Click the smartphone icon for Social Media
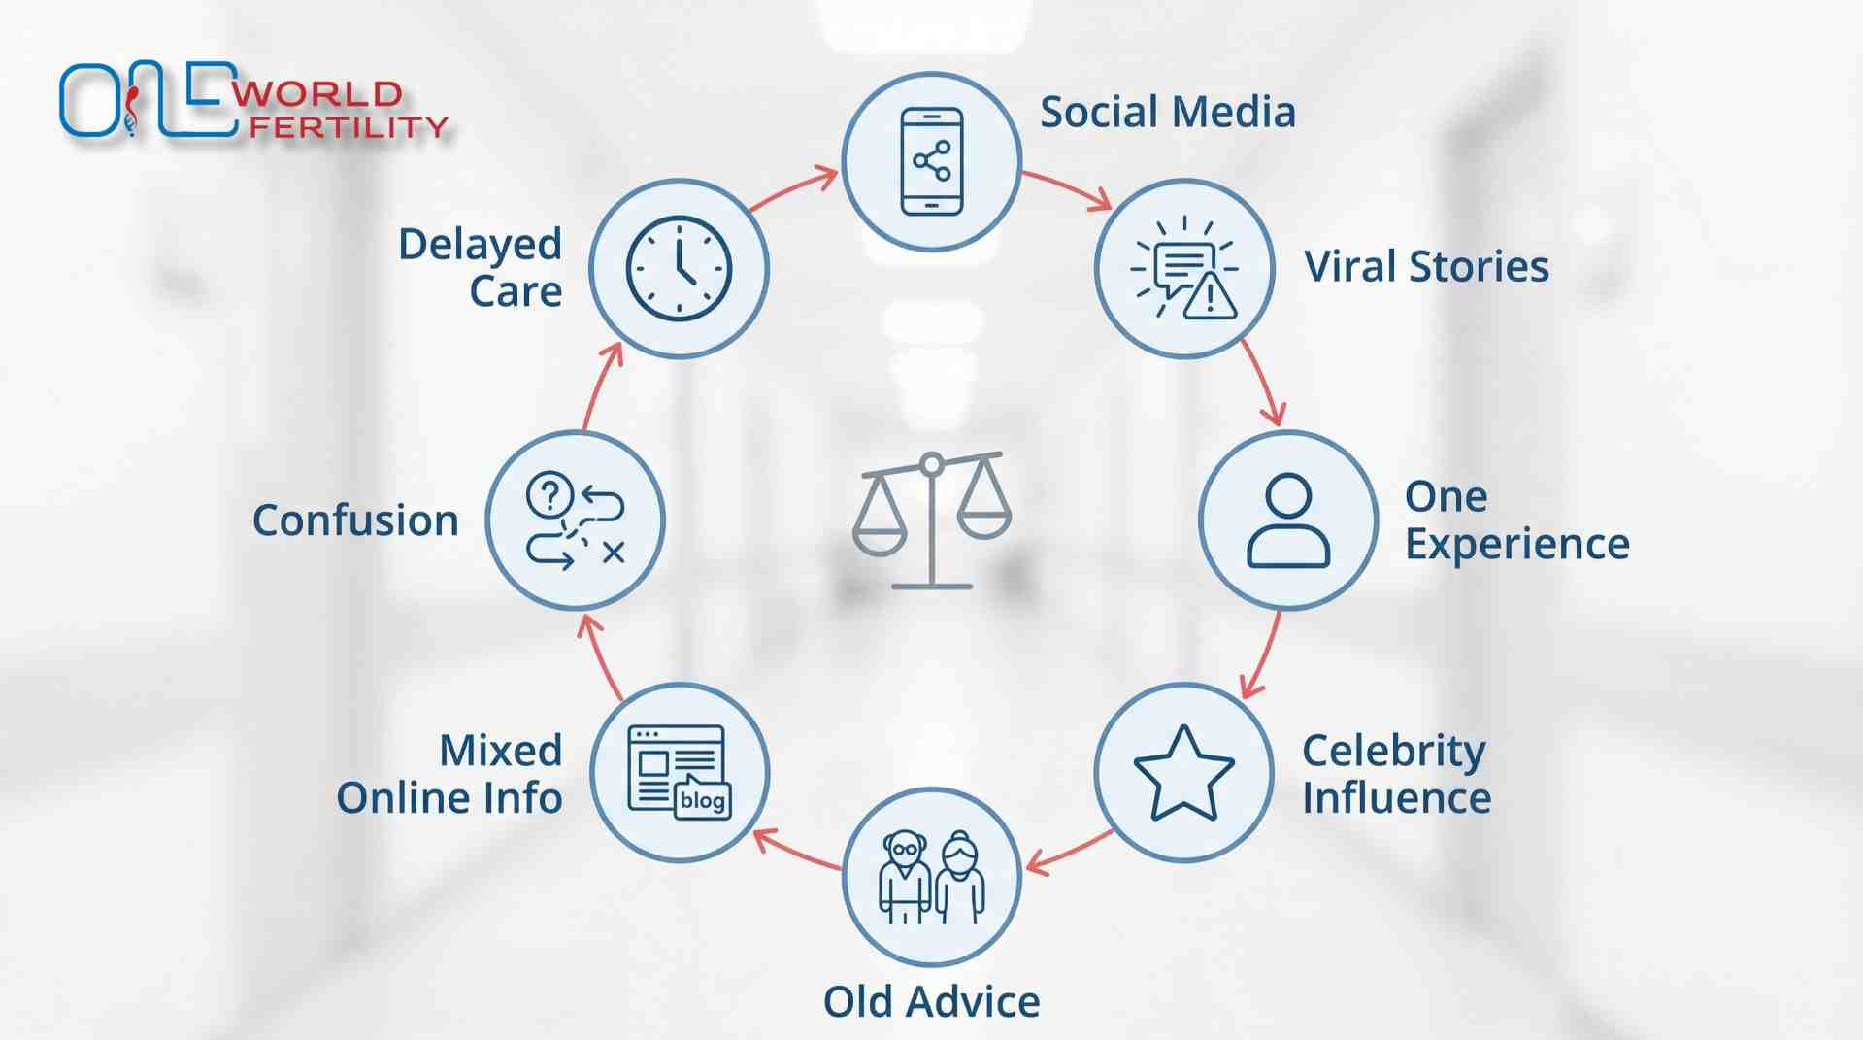[931, 161]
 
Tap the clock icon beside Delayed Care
[679, 268]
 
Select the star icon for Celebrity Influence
[1183, 773]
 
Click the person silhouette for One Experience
[1288, 520]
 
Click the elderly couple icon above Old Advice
[931, 877]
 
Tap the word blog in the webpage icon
[702, 800]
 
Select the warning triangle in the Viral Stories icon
[1210, 295]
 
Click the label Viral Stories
[1426, 266]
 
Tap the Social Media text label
[1168, 112]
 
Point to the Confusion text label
[355, 520]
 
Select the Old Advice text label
[931, 1001]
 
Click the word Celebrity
[1393, 752]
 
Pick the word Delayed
[480, 245]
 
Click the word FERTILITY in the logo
[349, 127]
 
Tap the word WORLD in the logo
[317, 94]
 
